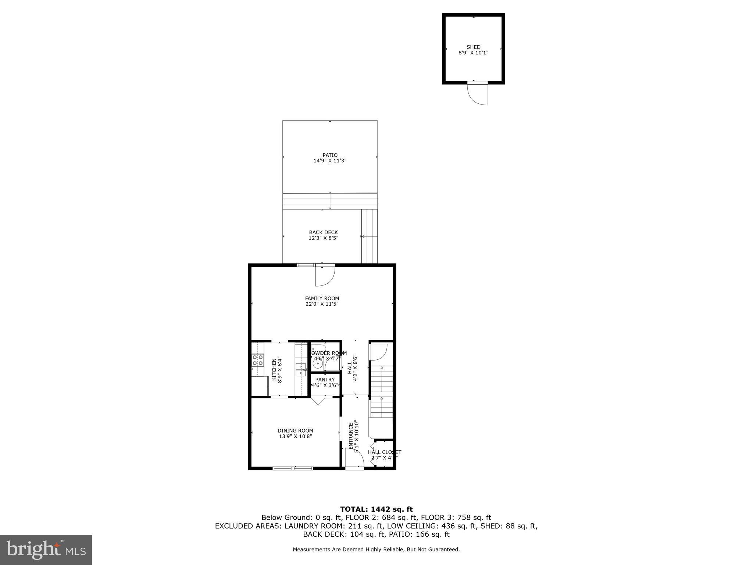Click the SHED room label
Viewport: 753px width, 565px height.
coord(473,47)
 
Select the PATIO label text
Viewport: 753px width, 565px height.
coord(330,155)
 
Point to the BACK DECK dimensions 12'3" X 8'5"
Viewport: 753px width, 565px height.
coord(323,238)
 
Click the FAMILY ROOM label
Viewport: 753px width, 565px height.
coord(322,298)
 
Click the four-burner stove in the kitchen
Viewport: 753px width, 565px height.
coord(257,360)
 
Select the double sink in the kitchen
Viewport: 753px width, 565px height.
coord(301,370)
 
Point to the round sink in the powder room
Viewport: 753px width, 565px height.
coord(317,364)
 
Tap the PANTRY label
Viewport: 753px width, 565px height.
coord(325,380)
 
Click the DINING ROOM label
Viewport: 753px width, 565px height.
coord(295,431)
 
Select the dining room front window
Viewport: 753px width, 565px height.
coord(293,468)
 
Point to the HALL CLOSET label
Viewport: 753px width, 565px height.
coord(385,452)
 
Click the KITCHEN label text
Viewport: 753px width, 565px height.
coord(274,369)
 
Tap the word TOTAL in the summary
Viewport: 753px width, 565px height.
coord(354,509)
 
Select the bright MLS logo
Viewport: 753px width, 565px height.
coord(46,550)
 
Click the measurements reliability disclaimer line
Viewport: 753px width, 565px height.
coord(376,550)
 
